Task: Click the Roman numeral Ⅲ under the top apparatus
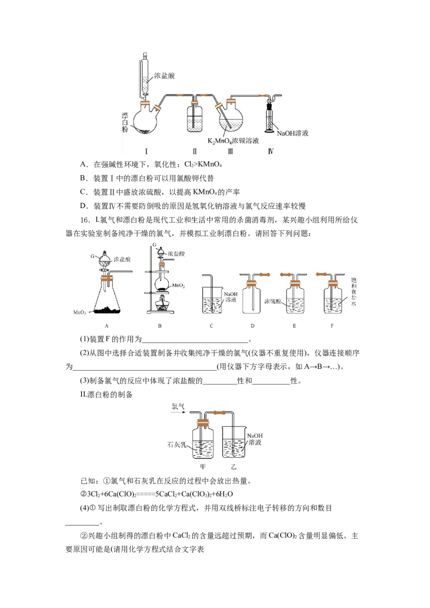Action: tap(231, 151)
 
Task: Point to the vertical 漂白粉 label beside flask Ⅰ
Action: tap(125, 122)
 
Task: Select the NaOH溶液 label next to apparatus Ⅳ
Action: tap(292, 133)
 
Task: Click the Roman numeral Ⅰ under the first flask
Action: tap(146, 151)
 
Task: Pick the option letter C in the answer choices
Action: tap(83, 192)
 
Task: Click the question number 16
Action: tap(85, 220)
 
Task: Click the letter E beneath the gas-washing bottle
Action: tap(294, 325)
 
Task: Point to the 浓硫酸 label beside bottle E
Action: tap(273, 301)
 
